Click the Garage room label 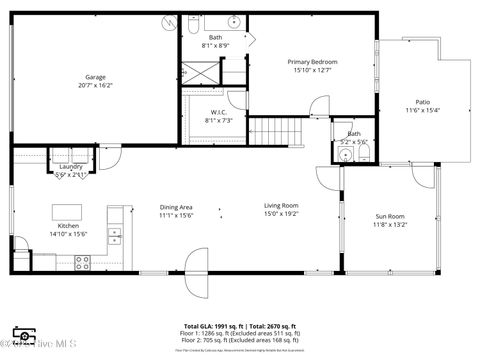pyautogui.click(x=96, y=77)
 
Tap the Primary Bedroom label pyautogui.click(x=314, y=62)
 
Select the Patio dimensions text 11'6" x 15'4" pyautogui.click(x=423, y=110)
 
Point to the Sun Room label pyautogui.click(x=390, y=217)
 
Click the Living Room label pyautogui.click(x=281, y=205)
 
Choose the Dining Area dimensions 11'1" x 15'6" pyautogui.click(x=176, y=215)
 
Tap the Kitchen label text pyautogui.click(x=68, y=226)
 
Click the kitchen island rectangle pyautogui.click(x=67, y=211)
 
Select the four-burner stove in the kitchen pyautogui.click(x=82, y=262)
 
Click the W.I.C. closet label pyautogui.click(x=218, y=112)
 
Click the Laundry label pyautogui.click(x=70, y=167)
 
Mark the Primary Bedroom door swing pyautogui.click(x=319, y=105)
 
